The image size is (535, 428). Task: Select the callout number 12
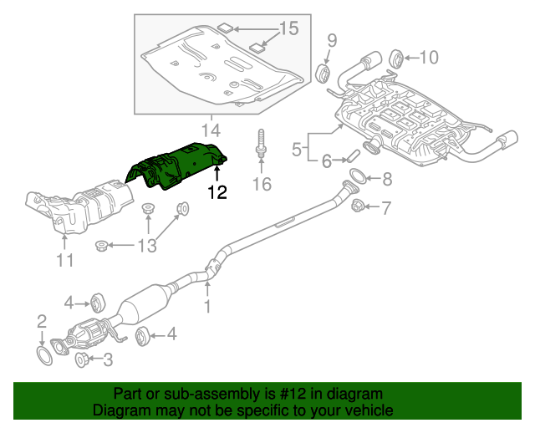tap(217, 192)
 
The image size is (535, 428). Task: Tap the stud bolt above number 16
tap(262, 142)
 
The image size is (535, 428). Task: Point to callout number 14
tap(211, 130)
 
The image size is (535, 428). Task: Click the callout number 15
tap(288, 29)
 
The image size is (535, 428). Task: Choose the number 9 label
tap(331, 39)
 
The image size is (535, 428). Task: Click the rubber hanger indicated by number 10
tap(398, 58)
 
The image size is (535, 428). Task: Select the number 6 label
tap(327, 160)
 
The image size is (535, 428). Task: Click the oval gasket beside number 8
tap(356, 176)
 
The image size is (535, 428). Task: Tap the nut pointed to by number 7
tap(357, 205)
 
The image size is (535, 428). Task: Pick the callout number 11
tap(65, 261)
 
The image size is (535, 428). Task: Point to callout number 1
tap(207, 307)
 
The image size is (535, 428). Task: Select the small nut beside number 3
tap(83, 360)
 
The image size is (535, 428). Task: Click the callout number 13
tap(146, 245)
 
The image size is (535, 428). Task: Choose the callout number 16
tap(262, 184)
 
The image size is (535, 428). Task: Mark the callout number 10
tap(428, 57)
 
